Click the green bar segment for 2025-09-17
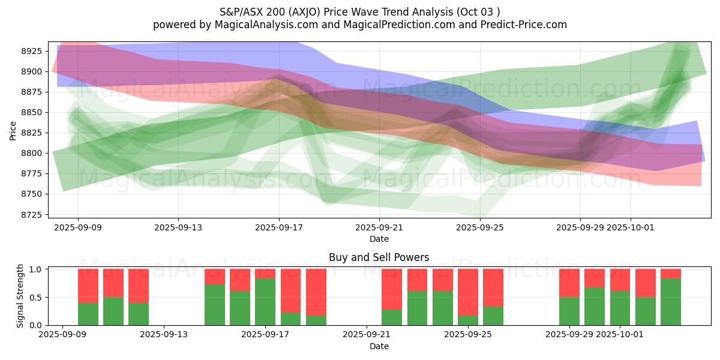265,302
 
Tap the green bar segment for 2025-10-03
671,302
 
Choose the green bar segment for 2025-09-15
215,305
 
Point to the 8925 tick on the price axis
35,51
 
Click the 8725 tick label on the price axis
35,215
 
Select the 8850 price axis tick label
35,112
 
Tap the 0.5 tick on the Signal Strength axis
35,297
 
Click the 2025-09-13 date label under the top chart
178,227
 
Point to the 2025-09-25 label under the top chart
480,227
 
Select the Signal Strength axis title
20,295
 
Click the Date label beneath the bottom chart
379,346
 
